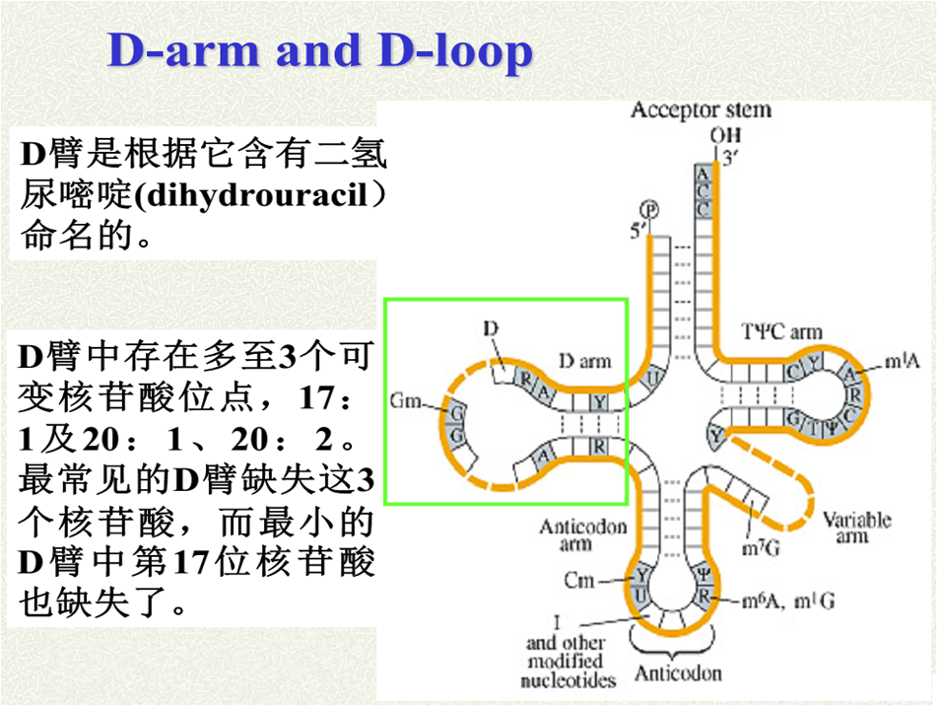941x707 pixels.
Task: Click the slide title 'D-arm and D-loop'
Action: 319,51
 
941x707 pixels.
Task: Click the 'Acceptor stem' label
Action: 701,109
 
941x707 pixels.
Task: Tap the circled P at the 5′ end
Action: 649,208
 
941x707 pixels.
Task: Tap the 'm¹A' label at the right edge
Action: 902,363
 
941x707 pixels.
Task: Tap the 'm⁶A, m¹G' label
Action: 788,601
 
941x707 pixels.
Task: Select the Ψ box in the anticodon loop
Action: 703,572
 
